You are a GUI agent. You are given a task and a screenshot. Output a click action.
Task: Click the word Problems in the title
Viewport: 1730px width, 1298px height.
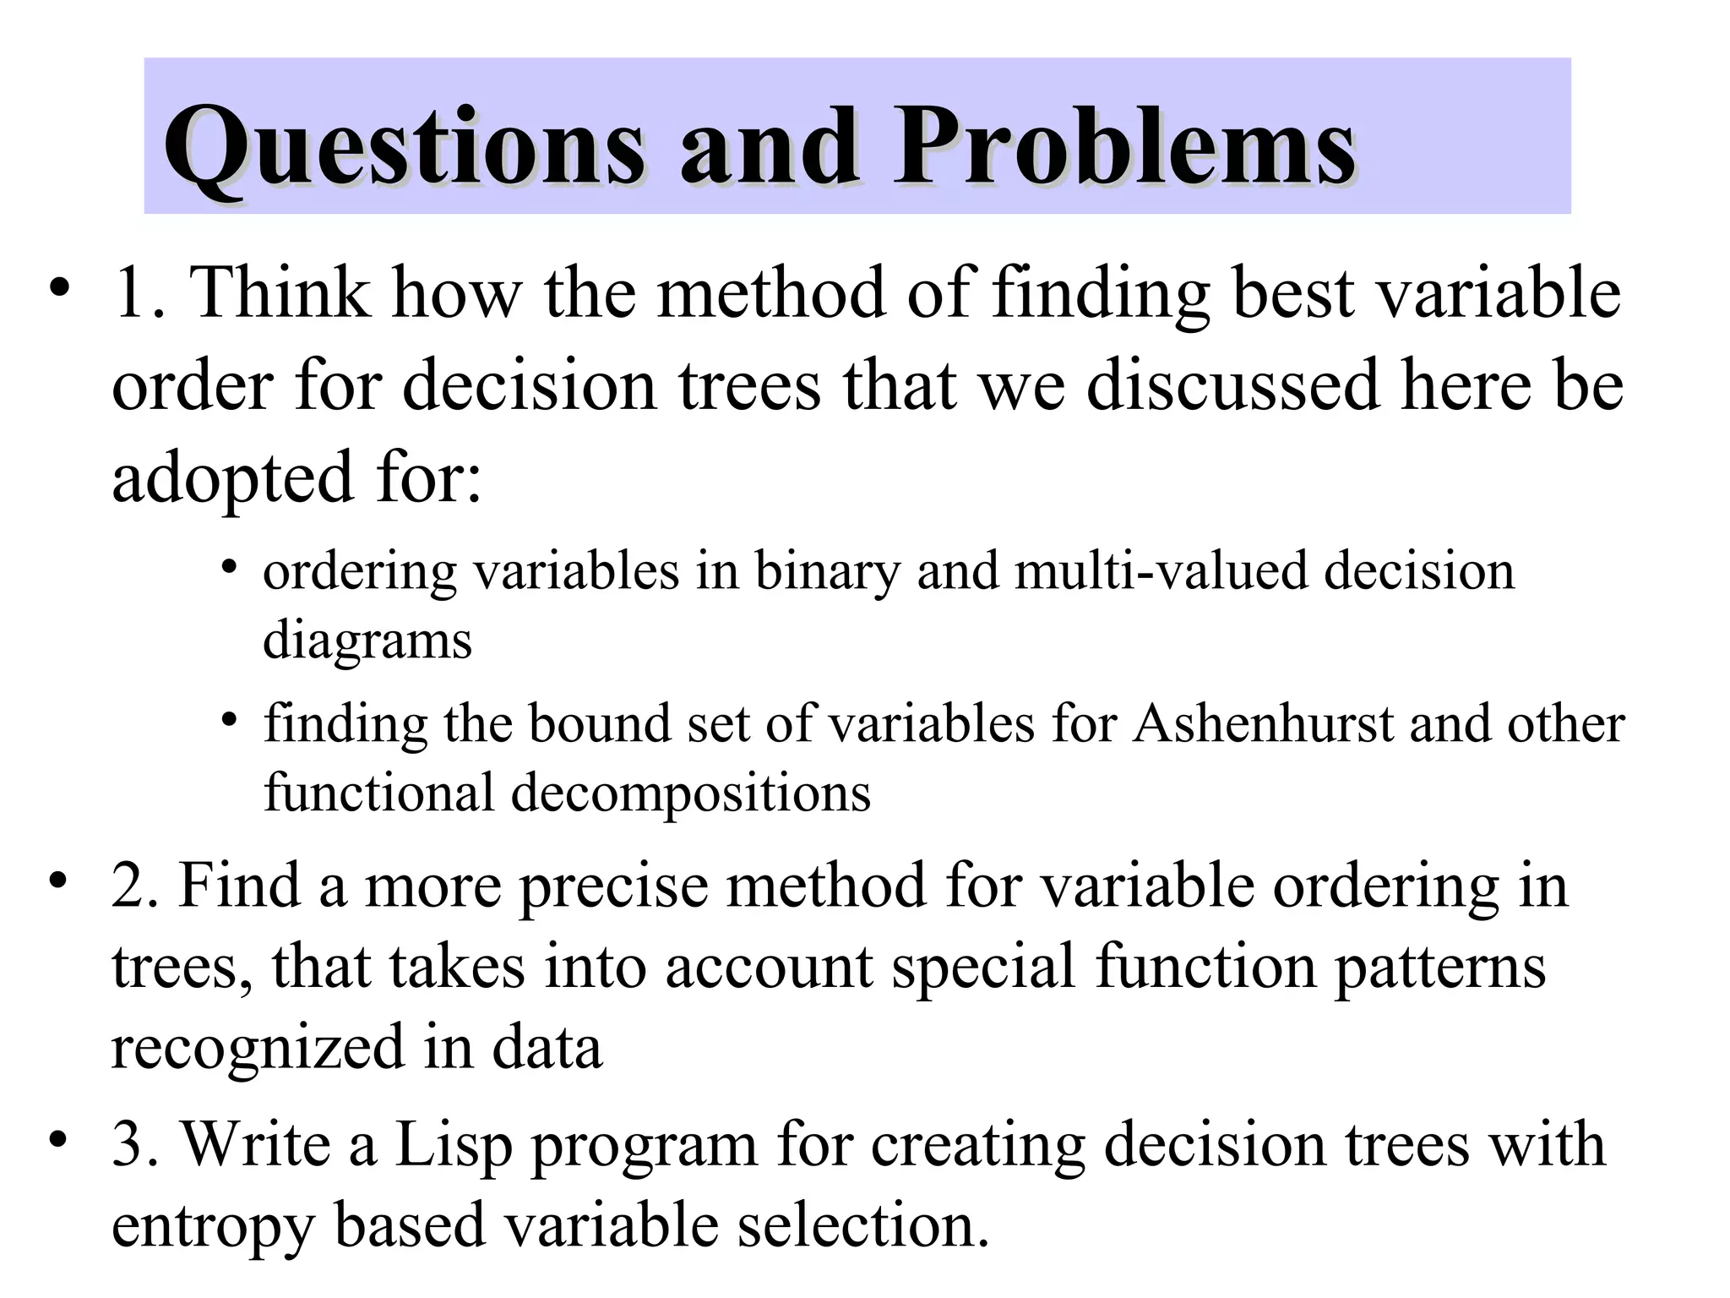pos(1124,147)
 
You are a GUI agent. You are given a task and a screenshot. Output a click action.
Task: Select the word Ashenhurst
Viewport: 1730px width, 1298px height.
pos(1263,724)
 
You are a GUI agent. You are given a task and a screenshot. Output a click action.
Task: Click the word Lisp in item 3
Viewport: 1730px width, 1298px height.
pos(454,1145)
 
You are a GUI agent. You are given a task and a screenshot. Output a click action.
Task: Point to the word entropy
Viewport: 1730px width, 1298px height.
pos(212,1227)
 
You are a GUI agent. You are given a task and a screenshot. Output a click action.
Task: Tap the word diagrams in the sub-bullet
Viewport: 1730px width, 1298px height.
pos(367,640)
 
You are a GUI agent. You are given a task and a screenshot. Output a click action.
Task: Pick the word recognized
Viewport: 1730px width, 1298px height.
pos(258,1048)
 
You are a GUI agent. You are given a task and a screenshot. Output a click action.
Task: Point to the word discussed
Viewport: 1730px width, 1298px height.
pos(1232,385)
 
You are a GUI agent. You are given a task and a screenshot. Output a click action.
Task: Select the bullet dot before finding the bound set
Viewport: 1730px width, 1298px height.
pos(228,720)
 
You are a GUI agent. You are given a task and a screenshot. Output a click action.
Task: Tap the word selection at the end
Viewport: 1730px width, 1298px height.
pos(862,1227)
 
